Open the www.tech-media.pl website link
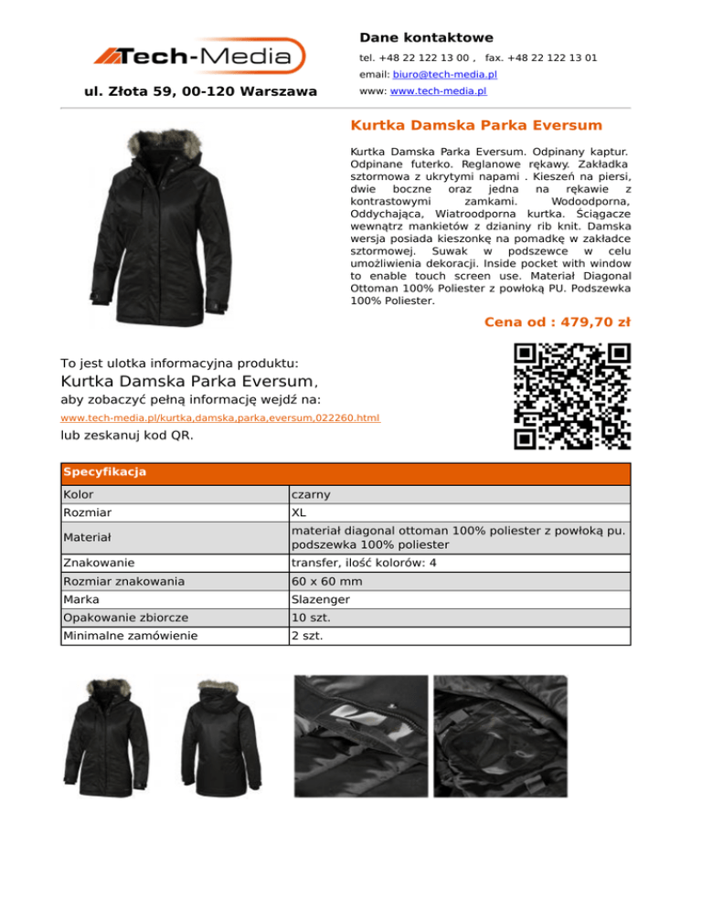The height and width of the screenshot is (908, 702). coord(437,91)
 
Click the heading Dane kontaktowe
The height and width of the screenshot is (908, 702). coord(426,37)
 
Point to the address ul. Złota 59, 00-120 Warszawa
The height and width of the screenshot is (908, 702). coord(200,91)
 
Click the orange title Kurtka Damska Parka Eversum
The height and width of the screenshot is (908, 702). coord(476,124)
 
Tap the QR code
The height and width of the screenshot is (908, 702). coord(572,396)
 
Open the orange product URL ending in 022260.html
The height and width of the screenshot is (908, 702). coord(219,417)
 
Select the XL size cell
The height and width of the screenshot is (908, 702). coord(300,512)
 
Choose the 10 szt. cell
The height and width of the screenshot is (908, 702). coord(310,618)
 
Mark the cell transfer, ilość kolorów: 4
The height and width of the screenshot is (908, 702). coord(363,564)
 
